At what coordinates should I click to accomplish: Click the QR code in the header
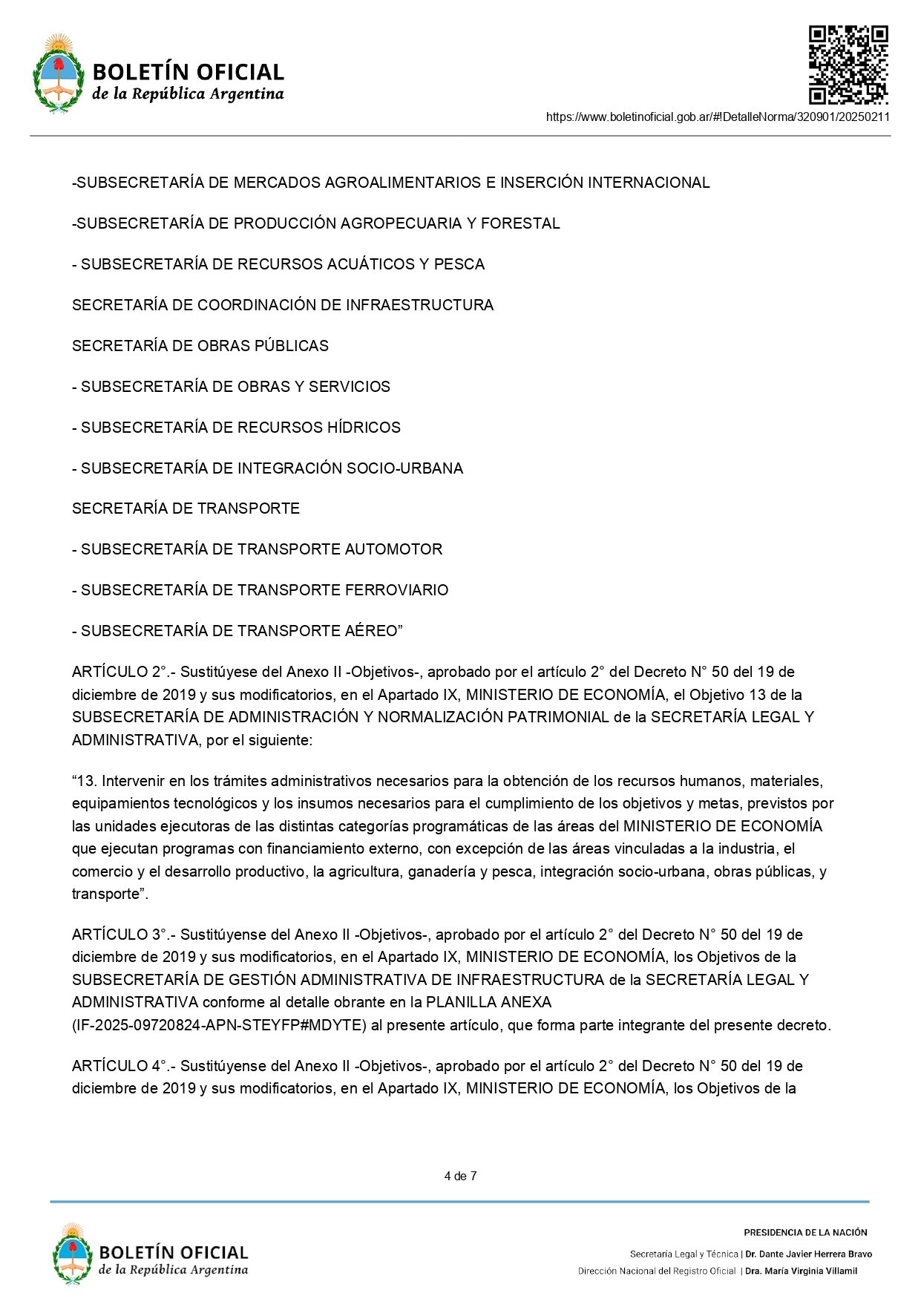pyautogui.click(x=848, y=65)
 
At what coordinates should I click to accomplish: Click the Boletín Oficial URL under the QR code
pyautogui.click(x=718, y=117)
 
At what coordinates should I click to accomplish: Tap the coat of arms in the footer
pyautogui.click(x=72, y=1254)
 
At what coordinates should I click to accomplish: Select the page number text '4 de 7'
pyautogui.click(x=460, y=1176)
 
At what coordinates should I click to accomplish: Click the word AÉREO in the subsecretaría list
pyautogui.click(x=372, y=631)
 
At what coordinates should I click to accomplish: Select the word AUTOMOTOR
pyautogui.click(x=393, y=549)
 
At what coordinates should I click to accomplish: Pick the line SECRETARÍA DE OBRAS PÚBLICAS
pyautogui.click(x=200, y=346)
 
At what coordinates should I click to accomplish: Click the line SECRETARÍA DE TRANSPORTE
pyautogui.click(x=186, y=508)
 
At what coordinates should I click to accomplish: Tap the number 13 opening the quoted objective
pyautogui.click(x=88, y=781)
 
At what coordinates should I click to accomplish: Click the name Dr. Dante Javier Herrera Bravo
pyautogui.click(x=808, y=1254)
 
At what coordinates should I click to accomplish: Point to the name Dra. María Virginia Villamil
pyautogui.click(x=801, y=1271)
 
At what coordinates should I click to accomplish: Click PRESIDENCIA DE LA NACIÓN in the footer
pyautogui.click(x=805, y=1232)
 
